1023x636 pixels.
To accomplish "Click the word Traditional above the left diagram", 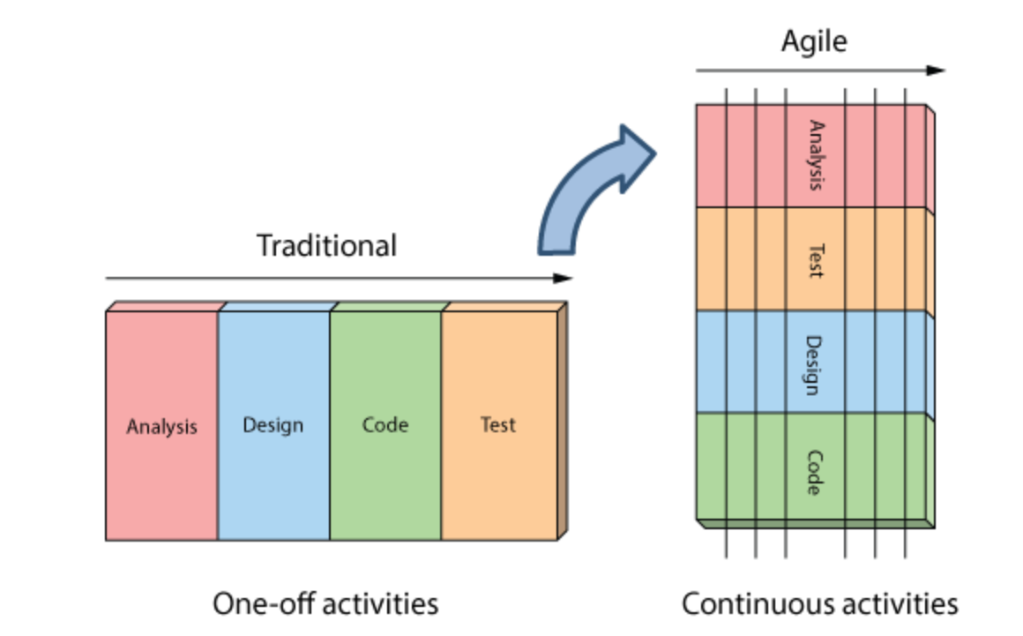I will [326, 245].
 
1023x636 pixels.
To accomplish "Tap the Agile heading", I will [813, 41].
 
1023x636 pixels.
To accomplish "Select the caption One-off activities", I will [325, 604].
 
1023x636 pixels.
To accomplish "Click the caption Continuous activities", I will [819, 604].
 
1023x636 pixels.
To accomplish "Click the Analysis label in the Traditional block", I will [161, 427].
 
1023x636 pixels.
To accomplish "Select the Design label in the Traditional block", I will [273, 425].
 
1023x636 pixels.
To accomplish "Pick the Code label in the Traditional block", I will [385, 425].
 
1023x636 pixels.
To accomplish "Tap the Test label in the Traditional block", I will [497, 425].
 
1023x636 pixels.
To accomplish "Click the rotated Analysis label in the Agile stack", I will [816, 155].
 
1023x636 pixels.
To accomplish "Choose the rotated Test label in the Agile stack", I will [816, 259].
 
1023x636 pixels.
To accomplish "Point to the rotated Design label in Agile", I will [816, 365].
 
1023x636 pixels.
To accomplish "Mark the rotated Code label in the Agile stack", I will [816, 472].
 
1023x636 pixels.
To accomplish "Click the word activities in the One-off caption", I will [380, 604].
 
